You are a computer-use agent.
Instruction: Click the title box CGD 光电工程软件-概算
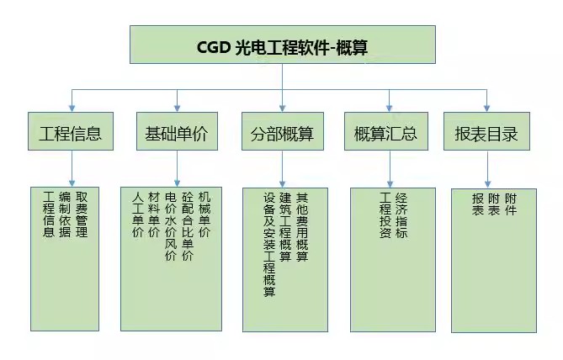[283, 45]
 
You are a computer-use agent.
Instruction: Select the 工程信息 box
[71, 131]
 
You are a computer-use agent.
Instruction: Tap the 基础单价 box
[177, 131]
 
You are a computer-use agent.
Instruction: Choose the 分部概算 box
[283, 131]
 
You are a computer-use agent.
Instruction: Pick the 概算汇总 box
[386, 131]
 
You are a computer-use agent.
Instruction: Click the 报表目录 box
[486, 131]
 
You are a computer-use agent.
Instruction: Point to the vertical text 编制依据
[65, 214]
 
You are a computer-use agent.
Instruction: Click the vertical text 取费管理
[82, 214]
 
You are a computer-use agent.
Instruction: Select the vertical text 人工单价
[138, 214]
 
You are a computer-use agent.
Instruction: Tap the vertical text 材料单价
[154, 214]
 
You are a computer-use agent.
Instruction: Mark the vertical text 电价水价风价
[171, 226]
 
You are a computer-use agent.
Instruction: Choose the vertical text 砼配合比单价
[188, 226]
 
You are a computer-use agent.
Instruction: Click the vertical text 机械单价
[204, 214]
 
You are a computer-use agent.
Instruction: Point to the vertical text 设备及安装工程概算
[269, 245]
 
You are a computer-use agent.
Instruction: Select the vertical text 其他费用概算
[302, 227]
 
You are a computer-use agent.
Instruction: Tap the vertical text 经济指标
[401, 215]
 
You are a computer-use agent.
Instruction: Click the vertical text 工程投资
[385, 215]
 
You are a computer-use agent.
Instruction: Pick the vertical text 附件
[511, 204]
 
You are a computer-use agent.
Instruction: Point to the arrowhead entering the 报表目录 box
[487, 108]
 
